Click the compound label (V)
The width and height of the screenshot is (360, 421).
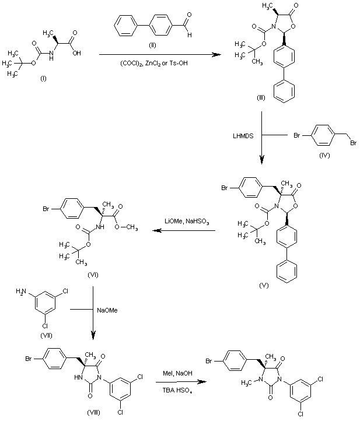(x=263, y=286)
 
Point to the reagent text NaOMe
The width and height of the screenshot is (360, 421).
(x=108, y=310)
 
